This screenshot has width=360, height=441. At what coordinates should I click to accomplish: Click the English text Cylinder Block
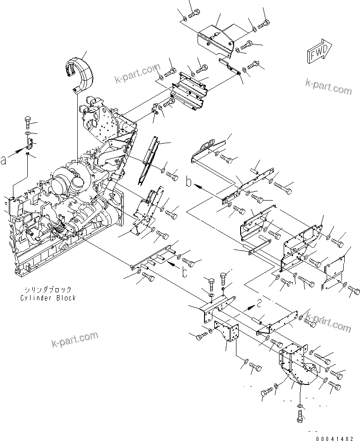(48, 298)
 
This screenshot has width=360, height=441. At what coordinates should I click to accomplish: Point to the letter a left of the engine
(4, 160)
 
